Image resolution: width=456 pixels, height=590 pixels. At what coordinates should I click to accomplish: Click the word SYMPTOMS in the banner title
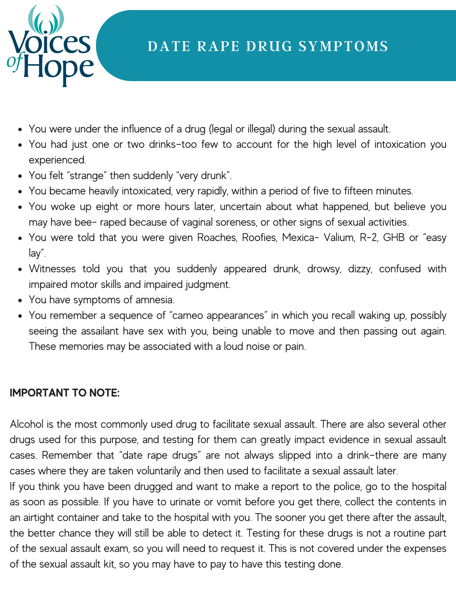point(343,46)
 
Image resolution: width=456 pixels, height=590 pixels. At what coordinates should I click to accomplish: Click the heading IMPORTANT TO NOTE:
point(65,393)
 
